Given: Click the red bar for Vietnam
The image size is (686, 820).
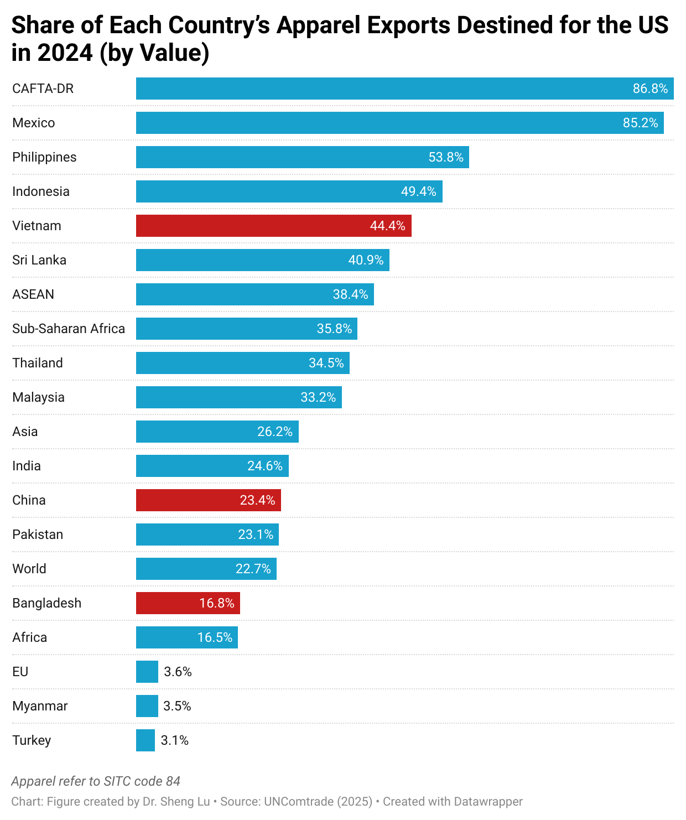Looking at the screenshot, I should point(273,226).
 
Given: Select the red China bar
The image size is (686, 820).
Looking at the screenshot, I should point(208,500).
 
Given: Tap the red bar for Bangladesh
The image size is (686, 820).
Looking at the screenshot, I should point(188,603).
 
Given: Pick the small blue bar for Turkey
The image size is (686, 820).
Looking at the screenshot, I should point(145,740).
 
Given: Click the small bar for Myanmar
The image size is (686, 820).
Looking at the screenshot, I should point(147,706).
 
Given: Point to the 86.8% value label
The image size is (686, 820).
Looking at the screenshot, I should point(650,89).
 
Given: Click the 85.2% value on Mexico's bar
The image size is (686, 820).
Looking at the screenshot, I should point(640,123).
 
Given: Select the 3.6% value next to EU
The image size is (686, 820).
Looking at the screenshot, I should point(178,672).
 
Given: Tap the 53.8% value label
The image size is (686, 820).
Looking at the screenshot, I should point(446,157).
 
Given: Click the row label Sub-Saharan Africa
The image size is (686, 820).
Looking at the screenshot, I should point(69,329).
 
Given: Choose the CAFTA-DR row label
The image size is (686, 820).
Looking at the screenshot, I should point(43,89).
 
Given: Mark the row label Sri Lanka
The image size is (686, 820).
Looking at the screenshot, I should point(39,260).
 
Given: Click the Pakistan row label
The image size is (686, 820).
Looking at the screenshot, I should point(38,534).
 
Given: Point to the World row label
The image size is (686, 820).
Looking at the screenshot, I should point(29,569).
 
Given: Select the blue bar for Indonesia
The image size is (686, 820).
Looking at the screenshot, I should point(289,191).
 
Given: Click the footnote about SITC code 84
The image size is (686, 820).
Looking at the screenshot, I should point(96,781).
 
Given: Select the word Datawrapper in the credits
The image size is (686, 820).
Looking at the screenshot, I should point(488,801).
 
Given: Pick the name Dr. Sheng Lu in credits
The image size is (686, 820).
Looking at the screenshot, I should point(176,801).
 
